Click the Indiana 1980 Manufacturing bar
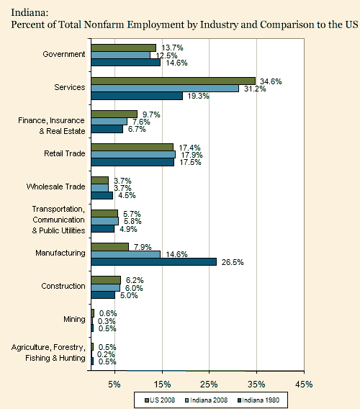pyautogui.click(x=154, y=261)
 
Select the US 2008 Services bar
pyautogui.click(x=174, y=81)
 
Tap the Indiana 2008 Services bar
pyautogui.click(x=165, y=88)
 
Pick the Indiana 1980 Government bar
pyautogui.click(x=126, y=63)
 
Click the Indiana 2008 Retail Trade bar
pyautogui.click(x=133, y=155)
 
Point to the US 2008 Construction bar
pyautogui.click(x=106, y=280)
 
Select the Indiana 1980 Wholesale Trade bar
pyautogui.click(x=102, y=195)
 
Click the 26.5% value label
pyautogui.click(x=233, y=262)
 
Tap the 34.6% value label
pyautogui.click(x=271, y=81)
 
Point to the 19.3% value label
pyautogui.click(x=198, y=96)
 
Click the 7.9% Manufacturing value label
pyautogui.click(x=143, y=247)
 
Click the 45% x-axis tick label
pyautogui.click(x=304, y=385)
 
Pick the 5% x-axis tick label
pyautogui.click(x=114, y=385)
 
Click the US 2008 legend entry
pyautogui.click(x=160, y=400)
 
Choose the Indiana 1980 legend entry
pyautogui.click(x=258, y=400)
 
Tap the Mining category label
pyautogui.click(x=74, y=319)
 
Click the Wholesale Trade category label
pyautogui.click(x=56, y=186)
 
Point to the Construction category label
pyautogui.click(x=63, y=286)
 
